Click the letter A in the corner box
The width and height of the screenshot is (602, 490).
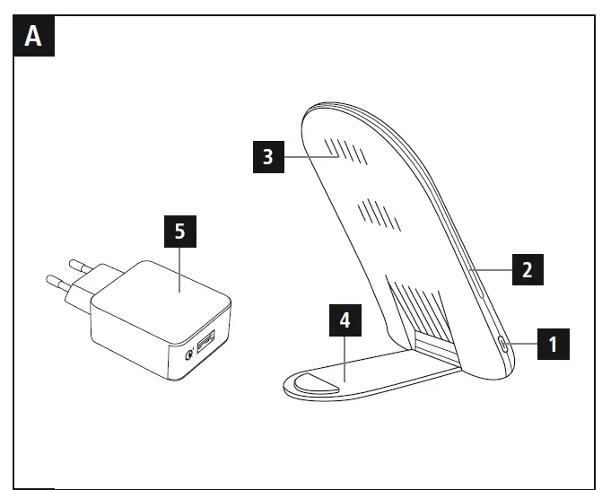pyautogui.click(x=33, y=37)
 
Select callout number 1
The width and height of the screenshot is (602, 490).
pyautogui.click(x=553, y=343)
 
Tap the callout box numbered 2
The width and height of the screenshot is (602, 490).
pyautogui.click(x=528, y=267)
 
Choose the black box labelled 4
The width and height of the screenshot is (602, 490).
pyautogui.click(x=342, y=319)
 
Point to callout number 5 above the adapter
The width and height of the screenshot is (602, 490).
pyautogui.click(x=180, y=232)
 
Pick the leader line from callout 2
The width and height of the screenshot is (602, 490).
pyautogui.click(x=491, y=267)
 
